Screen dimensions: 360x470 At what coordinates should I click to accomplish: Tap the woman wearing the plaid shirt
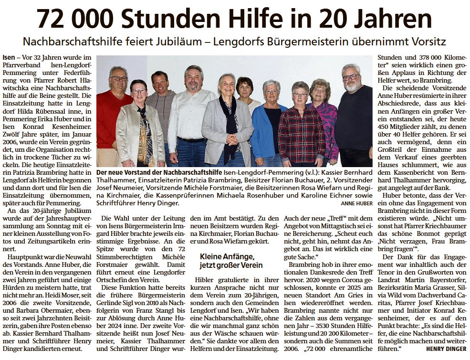[x=301, y=129]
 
